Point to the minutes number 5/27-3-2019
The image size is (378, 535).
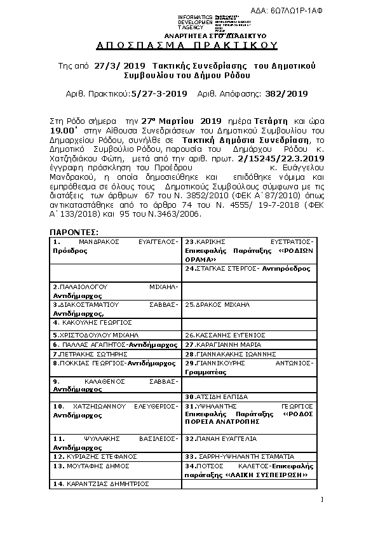click(158, 93)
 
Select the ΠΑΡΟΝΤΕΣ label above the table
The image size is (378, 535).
click(74, 233)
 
